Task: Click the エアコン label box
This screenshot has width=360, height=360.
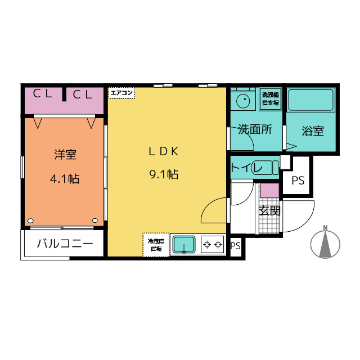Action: pyautogui.click(x=121, y=92)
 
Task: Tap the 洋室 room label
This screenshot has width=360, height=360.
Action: pyautogui.click(x=65, y=154)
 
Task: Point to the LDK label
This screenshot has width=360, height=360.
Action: pyautogui.click(x=163, y=151)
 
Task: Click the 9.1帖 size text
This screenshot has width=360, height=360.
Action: pyautogui.click(x=164, y=174)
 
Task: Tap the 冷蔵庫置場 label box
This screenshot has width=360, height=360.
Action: pyautogui.click(x=155, y=244)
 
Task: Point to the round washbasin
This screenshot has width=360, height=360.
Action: pyautogui.click(x=244, y=101)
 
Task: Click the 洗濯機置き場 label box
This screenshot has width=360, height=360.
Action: pyautogui.click(x=271, y=98)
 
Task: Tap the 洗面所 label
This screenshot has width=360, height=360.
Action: pyautogui.click(x=255, y=129)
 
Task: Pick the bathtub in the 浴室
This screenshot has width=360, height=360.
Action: pyautogui.click(x=312, y=101)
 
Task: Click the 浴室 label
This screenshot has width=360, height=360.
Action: pyautogui.click(x=313, y=132)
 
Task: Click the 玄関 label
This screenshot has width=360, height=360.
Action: pyautogui.click(x=269, y=210)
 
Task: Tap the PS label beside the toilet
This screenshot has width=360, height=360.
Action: pyautogui.click(x=298, y=181)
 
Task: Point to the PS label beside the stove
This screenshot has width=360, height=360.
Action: pyautogui.click(x=236, y=246)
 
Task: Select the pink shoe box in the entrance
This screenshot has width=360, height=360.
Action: pyautogui.click(x=269, y=190)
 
